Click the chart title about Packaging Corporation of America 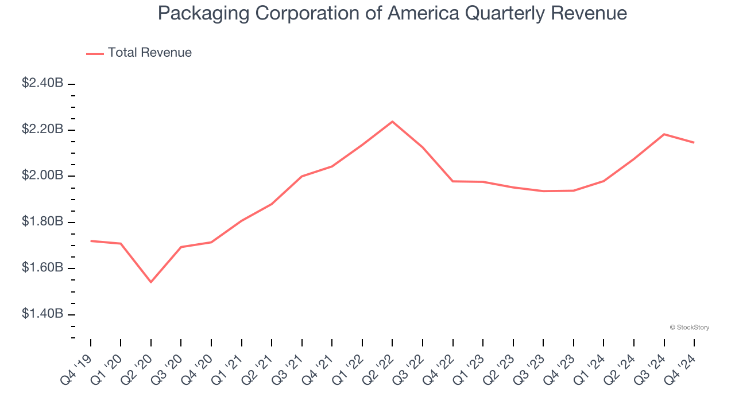click(392, 13)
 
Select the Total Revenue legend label click(149, 53)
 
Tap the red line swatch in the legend click(95, 53)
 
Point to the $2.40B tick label click(42, 83)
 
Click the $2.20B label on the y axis click(42, 130)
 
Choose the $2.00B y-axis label click(42, 176)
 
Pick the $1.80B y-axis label click(42, 222)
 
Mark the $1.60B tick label click(42, 268)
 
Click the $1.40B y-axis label click(42, 314)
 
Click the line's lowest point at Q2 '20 click(151, 282)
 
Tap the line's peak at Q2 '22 click(392, 122)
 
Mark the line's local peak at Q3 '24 click(664, 134)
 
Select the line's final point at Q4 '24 click(694, 142)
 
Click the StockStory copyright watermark click(689, 328)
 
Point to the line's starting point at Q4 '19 click(91, 241)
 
